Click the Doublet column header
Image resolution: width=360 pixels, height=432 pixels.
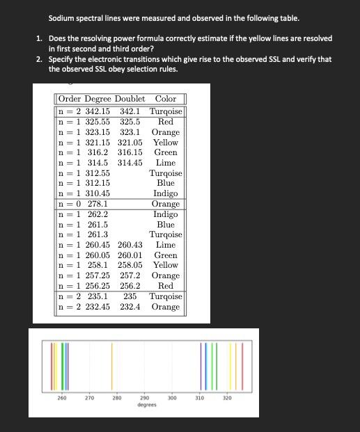130,99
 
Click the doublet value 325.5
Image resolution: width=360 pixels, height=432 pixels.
130,122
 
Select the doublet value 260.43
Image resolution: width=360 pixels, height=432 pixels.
130,245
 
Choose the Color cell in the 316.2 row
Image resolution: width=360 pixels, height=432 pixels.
166,152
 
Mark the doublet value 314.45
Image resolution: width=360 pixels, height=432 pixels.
130,163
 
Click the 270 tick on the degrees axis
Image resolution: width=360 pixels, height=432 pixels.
89,398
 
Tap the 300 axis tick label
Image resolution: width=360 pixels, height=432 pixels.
171,398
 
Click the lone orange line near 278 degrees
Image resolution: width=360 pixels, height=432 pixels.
112,365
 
